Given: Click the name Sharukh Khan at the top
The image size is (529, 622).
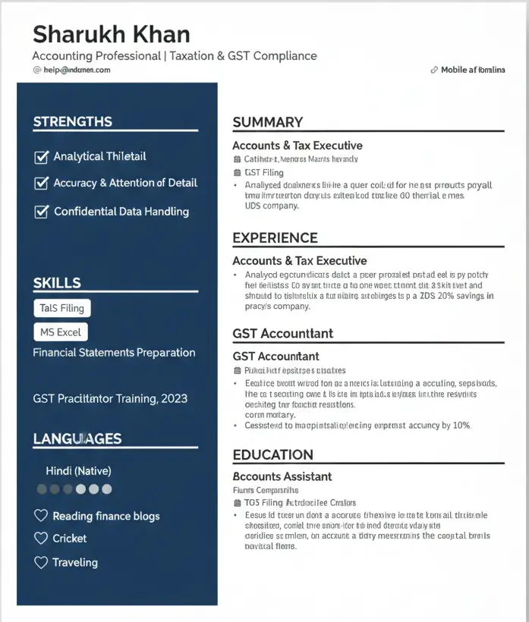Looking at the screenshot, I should coord(111,34).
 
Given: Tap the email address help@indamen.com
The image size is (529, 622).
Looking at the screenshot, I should coord(77,70).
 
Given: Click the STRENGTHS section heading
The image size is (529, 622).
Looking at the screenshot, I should coord(72,121).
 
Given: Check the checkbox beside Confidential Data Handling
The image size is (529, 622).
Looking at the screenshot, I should coord(41,212).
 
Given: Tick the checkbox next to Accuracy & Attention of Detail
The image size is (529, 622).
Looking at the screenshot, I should coord(41,183).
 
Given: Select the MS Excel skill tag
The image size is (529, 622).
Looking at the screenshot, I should coord(61,332).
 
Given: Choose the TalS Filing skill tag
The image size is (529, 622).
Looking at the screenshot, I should coord(62,308).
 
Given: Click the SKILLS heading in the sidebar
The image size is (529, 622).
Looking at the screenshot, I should coord(56,283).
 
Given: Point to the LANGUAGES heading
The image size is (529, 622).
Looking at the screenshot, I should coord(77,438).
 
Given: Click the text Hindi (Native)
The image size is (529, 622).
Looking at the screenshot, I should coord(78,471).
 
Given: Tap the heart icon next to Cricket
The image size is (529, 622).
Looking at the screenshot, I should coord(41,538).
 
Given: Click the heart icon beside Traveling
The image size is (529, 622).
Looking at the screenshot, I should coord(41,562).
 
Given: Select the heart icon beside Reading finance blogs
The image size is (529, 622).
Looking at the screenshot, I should coord(41,516).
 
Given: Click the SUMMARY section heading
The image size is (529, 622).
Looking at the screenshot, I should coord(267,122).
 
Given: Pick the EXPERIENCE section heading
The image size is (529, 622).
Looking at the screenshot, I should coord(275,238).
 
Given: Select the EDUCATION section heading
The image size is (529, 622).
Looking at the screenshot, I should coord(272,455).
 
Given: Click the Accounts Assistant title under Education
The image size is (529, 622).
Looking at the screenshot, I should coord(282,476).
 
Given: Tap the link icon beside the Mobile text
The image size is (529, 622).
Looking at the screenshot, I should coord(433,70).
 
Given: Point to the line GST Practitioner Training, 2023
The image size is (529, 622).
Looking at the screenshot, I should coord(110,398).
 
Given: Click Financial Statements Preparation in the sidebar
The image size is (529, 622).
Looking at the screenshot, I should coord(114,353).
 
